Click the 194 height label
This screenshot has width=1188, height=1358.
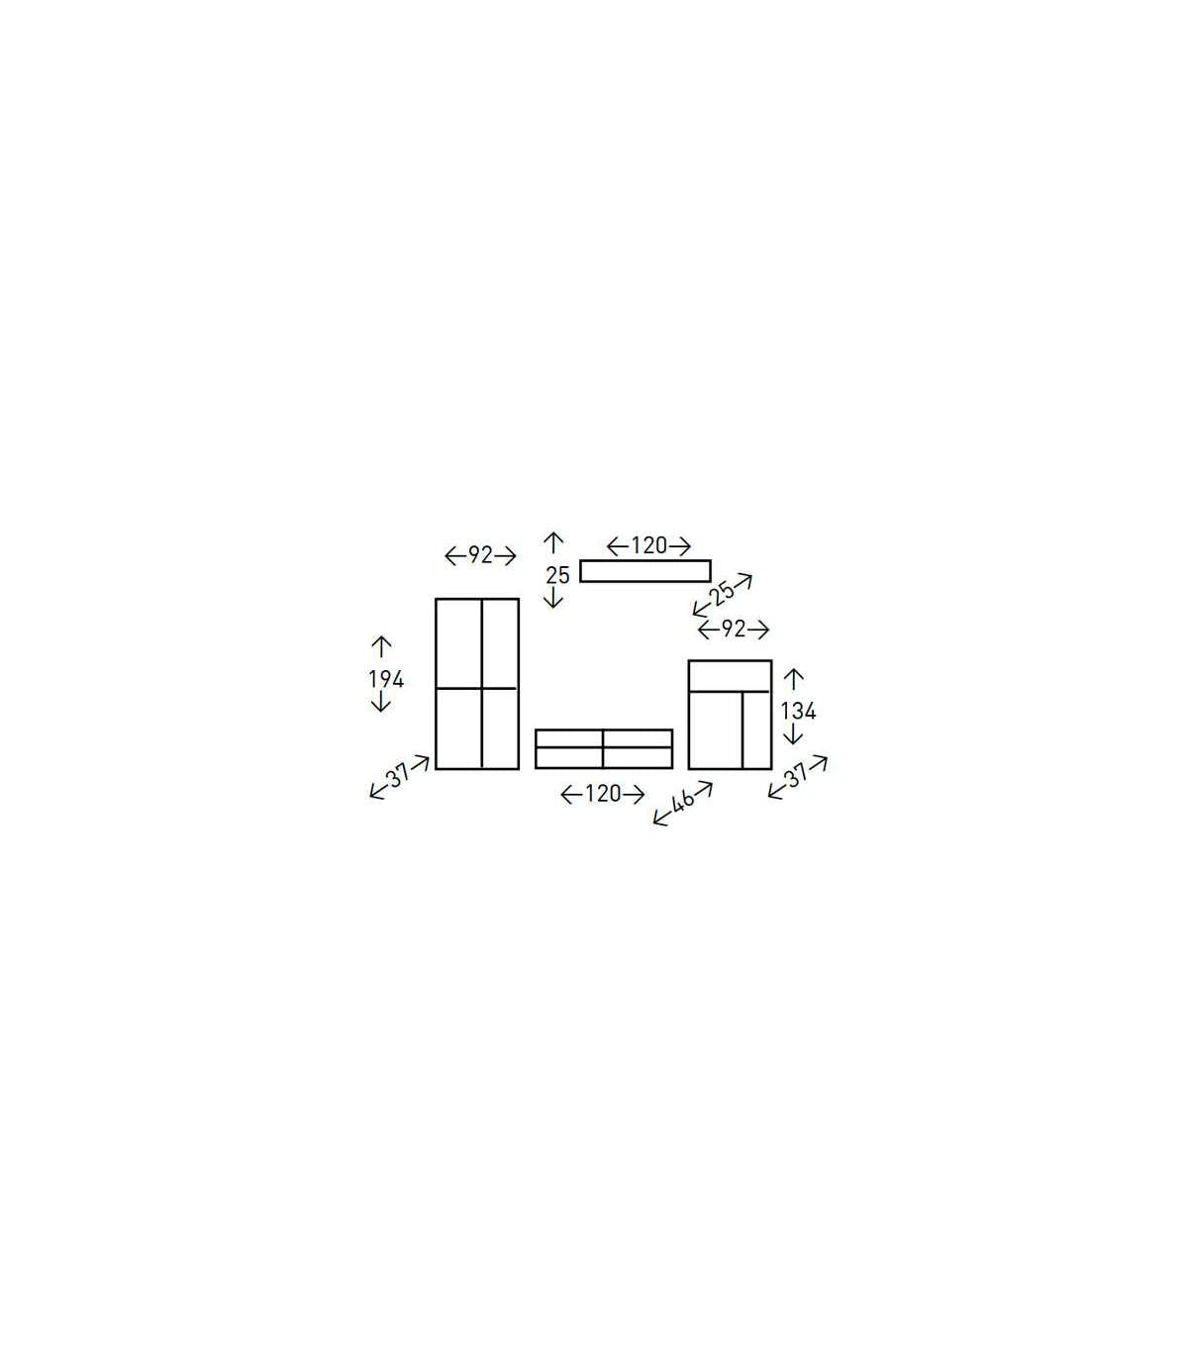click(x=386, y=679)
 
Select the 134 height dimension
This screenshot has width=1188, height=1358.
click(x=798, y=711)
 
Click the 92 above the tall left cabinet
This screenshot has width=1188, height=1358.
click(x=480, y=554)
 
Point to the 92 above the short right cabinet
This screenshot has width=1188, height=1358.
click(x=734, y=628)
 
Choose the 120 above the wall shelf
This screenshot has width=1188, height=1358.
click(x=648, y=545)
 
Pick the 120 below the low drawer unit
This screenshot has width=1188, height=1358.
click(x=603, y=793)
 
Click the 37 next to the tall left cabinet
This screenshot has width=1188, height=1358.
click(x=400, y=775)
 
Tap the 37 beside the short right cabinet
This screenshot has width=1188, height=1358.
click(x=797, y=775)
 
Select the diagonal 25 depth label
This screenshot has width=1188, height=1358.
click(x=722, y=593)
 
